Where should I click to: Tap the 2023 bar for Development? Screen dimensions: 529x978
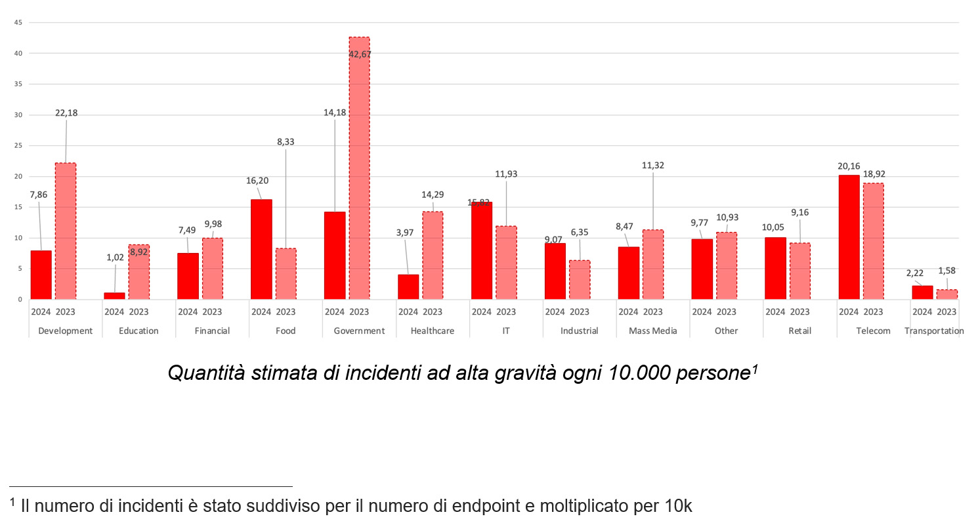pyautogui.click(x=65, y=231)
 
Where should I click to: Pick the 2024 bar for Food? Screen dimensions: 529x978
pyautogui.click(x=261, y=249)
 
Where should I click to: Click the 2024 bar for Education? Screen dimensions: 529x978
pyautogui.click(x=114, y=296)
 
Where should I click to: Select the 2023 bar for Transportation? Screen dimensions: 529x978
pyautogui.click(x=946, y=294)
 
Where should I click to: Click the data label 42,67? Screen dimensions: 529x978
pyautogui.click(x=360, y=55)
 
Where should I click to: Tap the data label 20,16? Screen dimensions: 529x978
pyautogui.click(x=849, y=166)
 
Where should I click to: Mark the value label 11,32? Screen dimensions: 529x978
pyautogui.click(x=653, y=166)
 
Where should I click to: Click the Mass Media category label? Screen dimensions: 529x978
pyautogui.click(x=652, y=331)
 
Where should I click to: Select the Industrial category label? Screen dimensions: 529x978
pyautogui.click(x=579, y=331)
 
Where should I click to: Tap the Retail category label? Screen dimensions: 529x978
pyautogui.click(x=799, y=331)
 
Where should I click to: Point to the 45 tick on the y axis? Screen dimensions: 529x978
pyautogui.click(x=18, y=23)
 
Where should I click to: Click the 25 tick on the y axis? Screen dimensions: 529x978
pyautogui.click(x=18, y=146)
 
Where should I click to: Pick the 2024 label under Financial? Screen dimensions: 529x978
pyautogui.click(x=188, y=311)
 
